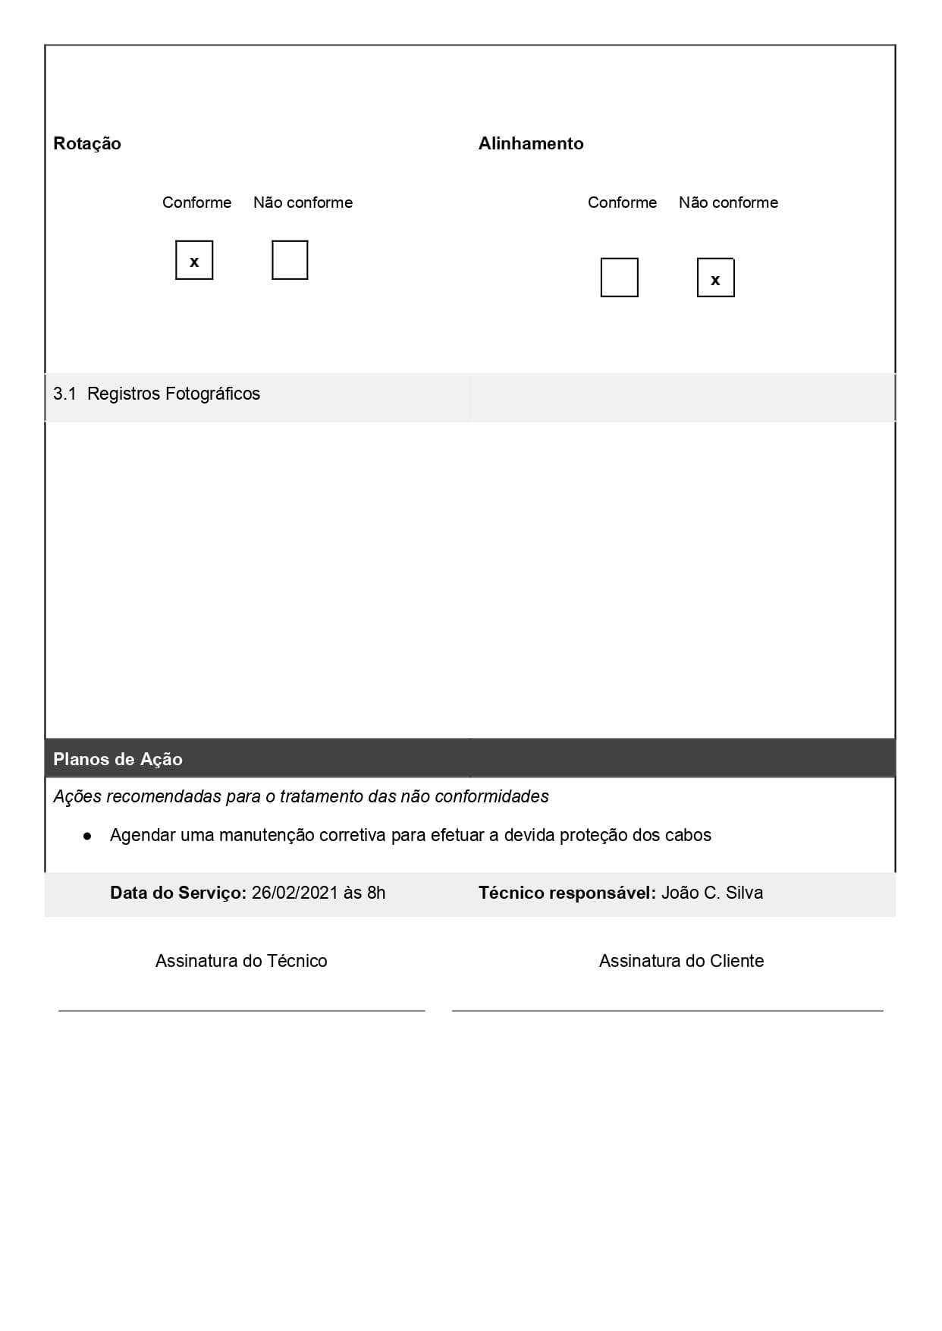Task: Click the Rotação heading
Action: (87, 143)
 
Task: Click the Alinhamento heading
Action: (531, 143)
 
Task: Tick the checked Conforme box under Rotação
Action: (194, 260)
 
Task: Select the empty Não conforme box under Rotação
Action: (290, 260)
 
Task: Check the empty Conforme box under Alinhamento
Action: (619, 278)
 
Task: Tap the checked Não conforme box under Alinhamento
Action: (715, 278)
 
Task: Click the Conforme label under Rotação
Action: (196, 202)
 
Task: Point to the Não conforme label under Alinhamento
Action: (728, 202)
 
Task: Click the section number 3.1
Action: (64, 394)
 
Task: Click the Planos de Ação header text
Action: (118, 759)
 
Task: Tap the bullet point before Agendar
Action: (87, 836)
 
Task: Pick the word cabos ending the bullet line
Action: (688, 835)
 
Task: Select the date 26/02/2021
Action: (294, 893)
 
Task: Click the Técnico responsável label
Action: (567, 893)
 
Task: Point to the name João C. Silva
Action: (711, 893)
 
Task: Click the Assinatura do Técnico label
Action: (241, 961)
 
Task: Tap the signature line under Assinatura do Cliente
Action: (667, 1010)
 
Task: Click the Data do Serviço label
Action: (177, 893)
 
